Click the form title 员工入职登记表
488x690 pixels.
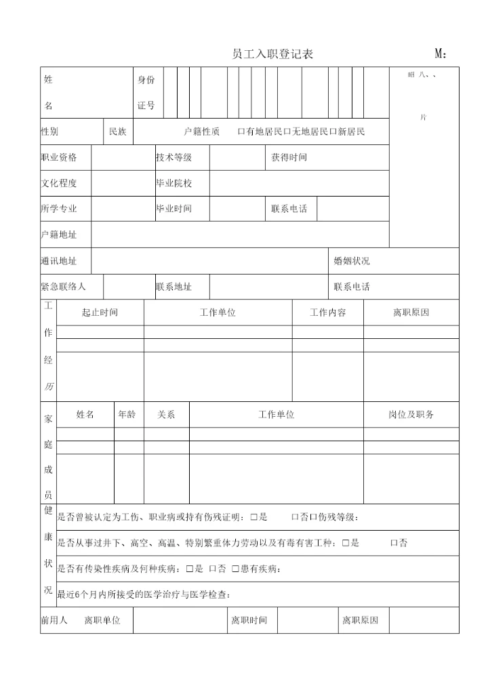pos(272,54)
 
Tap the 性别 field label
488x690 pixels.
pos(49,131)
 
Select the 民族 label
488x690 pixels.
pos(118,131)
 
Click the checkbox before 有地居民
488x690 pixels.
pos(241,131)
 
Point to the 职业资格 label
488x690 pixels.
pos(59,157)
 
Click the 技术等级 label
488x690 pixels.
pos(174,157)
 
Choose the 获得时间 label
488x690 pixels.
pos(289,157)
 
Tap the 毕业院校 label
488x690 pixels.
pos(174,183)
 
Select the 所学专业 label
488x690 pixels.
pos(59,209)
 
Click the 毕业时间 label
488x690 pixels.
pos(174,209)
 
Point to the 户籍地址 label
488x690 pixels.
pos(59,235)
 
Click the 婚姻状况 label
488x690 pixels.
pos(352,261)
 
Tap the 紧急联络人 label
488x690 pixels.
pos(63,287)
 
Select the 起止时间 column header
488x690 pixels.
pos(100,312)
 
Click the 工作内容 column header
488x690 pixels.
pos(328,312)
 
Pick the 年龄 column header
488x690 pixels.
pos(127,414)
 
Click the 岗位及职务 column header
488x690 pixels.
pos(411,414)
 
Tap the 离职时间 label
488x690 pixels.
pos(249,620)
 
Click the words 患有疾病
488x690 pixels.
pos(258,569)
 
